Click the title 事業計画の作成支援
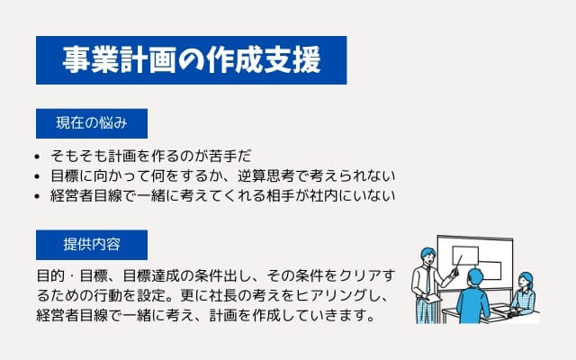192,60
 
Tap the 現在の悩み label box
92,123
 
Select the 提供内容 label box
92,245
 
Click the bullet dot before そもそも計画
37,157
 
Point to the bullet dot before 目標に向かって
37,176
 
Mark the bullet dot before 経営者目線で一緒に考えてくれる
37,196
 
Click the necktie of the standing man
428,280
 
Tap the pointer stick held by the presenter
458,265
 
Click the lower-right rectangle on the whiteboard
490,271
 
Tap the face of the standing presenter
428,258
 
